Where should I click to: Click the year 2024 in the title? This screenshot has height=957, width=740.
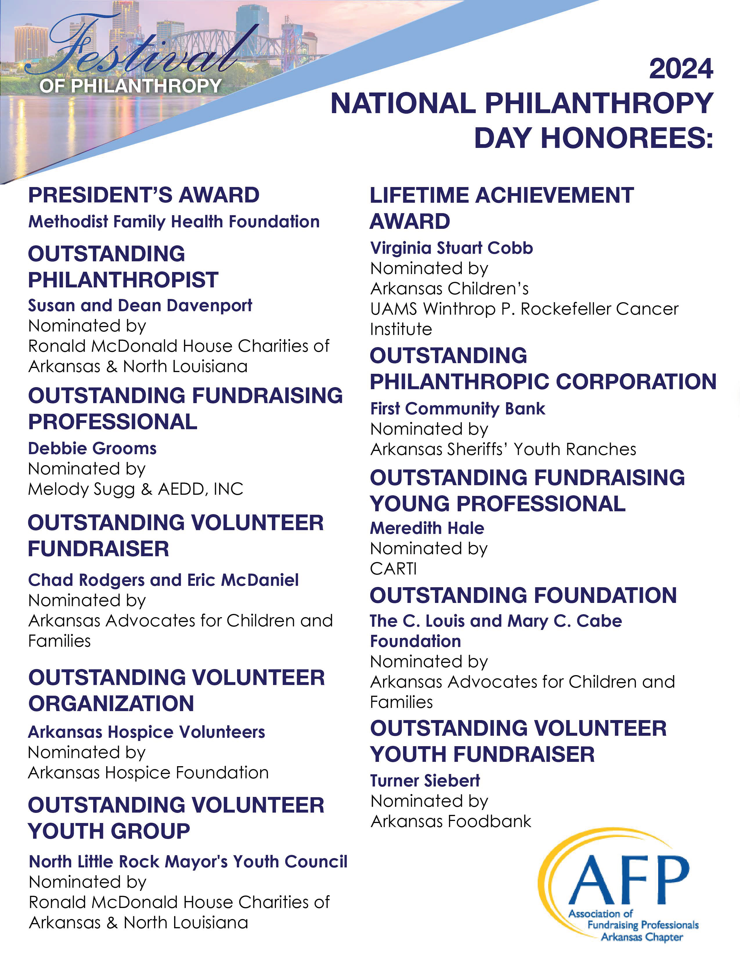(x=681, y=69)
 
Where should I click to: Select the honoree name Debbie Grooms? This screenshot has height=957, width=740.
(x=92, y=448)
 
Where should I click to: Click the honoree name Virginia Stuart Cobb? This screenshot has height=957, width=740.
(x=451, y=248)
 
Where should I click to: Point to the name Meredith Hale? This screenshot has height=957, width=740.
(x=427, y=528)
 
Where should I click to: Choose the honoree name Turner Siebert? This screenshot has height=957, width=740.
(x=425, y=780)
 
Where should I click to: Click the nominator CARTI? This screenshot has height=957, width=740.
(x=393, y=569)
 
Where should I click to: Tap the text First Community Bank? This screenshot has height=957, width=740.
(x=457, y=408)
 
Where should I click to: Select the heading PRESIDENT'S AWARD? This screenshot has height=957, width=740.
(x=143, y=195)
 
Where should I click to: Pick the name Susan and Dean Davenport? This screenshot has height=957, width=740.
(x=140, y=305)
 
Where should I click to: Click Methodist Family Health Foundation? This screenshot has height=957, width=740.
(x=174, y=222)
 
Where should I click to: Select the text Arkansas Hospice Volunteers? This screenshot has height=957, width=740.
(x=147, y=732)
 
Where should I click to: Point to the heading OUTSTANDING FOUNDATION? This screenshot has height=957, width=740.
(x=523, y=595)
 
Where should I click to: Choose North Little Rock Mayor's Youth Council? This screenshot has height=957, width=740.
(x=188, y=862)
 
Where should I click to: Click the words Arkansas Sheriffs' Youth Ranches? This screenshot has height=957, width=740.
(x=503, y=449)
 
